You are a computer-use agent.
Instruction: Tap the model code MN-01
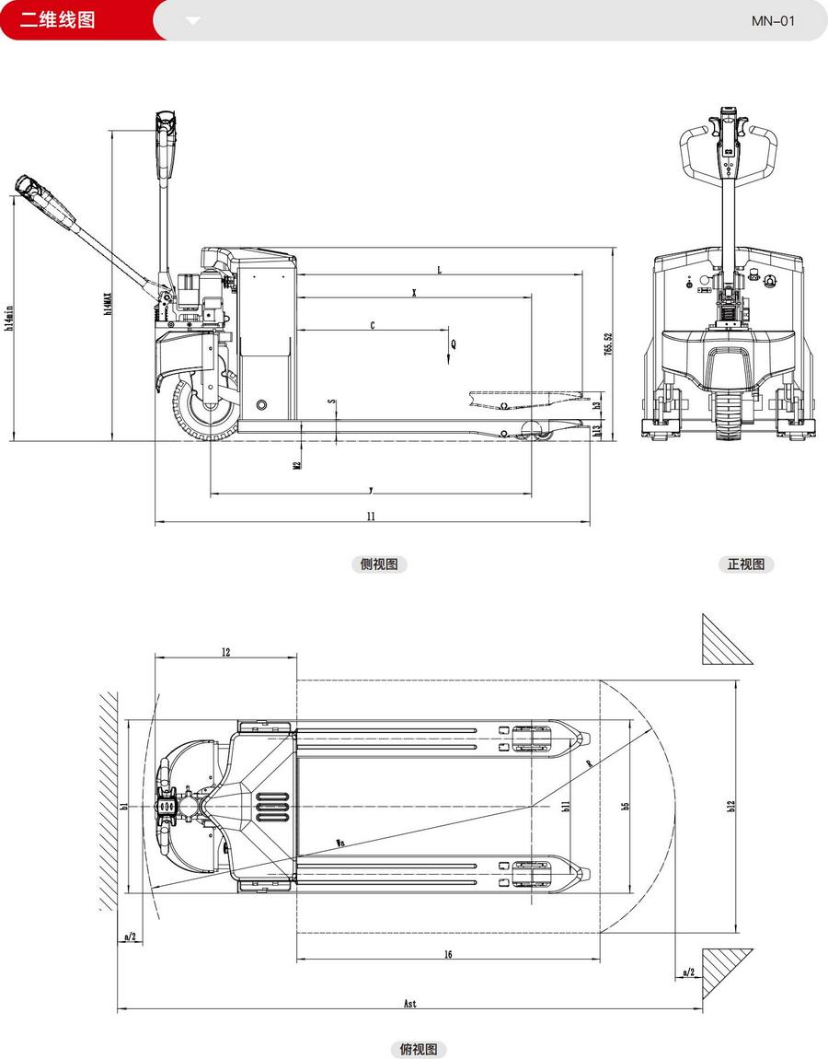(774, 20)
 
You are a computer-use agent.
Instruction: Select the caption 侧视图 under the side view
(378, 564)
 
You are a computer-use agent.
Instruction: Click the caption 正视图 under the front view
(745, 564)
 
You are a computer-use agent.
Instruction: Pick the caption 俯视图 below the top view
(419, 1049)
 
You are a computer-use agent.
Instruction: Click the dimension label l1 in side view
(371, 518)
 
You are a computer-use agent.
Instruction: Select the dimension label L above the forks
(440, 270)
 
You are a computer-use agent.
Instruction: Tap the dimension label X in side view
(415, 293)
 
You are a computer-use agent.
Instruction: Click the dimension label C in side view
(372, 325)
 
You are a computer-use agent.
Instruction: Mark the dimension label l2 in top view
(225, 652)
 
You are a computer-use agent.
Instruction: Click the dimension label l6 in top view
(447, 955)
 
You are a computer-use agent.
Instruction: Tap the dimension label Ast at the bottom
(409, 1004)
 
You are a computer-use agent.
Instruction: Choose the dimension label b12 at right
(731, 806)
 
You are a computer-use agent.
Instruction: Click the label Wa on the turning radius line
(340, 842)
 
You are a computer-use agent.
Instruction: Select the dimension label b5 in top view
(626, 806)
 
